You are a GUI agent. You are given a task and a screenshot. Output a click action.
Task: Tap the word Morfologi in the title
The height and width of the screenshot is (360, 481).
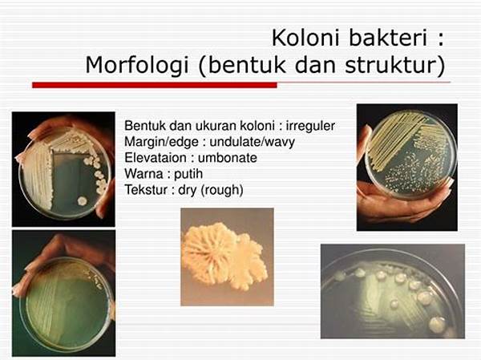(137, 66)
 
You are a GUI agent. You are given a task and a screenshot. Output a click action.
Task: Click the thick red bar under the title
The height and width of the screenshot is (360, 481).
(155, 85)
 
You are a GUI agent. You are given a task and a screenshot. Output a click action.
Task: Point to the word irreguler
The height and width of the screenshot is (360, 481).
(310, 126)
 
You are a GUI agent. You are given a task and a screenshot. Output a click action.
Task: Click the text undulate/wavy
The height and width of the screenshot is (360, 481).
(252, 142)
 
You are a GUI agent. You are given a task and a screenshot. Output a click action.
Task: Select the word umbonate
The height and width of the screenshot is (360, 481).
(228, 158)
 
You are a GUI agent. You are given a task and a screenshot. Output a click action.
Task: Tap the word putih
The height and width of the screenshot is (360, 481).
(188, 174)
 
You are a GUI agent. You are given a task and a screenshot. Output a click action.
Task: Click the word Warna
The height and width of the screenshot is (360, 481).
(143, 174)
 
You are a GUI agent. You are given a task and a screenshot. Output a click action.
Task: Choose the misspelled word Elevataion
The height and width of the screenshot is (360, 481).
(156, 158)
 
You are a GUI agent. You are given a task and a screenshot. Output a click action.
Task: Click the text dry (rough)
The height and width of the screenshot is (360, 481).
(211, 190)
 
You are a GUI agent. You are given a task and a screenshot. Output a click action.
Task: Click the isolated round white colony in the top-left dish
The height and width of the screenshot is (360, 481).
(83, 201)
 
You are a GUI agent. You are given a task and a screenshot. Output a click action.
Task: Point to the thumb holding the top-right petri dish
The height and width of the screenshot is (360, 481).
(365, 145)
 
